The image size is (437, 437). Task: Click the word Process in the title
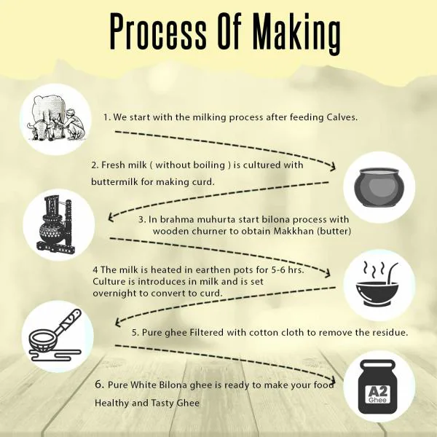pos(158,31)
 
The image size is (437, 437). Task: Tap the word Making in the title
pos(296,34)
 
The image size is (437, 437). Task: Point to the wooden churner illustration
pos(56,224)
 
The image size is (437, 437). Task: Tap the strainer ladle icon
pos(55,336)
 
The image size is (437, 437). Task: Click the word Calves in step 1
pos(342,117)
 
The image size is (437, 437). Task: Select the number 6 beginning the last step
pos(100,385)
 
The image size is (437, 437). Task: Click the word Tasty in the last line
pos(163,403)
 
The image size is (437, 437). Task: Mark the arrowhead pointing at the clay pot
pos(332,167)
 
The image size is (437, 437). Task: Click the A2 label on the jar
pos(377,392)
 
